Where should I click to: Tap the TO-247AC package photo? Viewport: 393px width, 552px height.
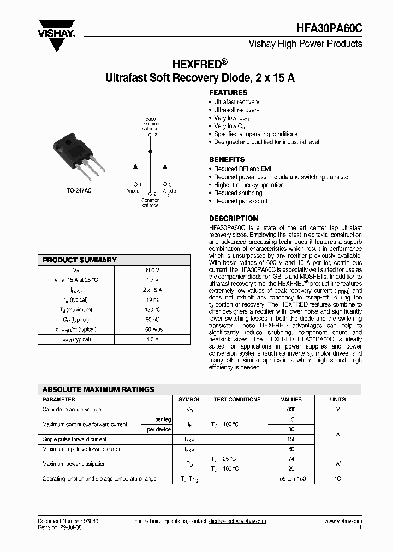(x=76, y=155)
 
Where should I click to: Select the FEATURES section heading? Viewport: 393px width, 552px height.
(x=228, y=93)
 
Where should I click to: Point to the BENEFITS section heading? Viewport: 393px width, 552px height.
(x=227, y=159)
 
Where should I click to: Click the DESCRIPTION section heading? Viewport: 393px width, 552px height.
(x=234, y=218)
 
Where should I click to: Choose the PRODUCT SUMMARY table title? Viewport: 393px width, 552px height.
(x=80, y=260)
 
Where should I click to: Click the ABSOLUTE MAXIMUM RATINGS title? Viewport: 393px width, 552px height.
(x=98, y=389)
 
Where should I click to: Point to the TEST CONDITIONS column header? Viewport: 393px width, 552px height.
(x=237, y=399)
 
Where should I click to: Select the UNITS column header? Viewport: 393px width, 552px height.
(x=338, y=399)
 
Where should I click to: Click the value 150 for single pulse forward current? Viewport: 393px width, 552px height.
(x=291, y=439)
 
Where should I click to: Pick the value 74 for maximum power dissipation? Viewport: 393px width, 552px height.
(x=291, y=459)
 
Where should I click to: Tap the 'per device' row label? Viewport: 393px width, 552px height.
(x=159, y=429)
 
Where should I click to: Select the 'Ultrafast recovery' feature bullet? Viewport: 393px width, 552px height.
(x=236, y=102)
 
